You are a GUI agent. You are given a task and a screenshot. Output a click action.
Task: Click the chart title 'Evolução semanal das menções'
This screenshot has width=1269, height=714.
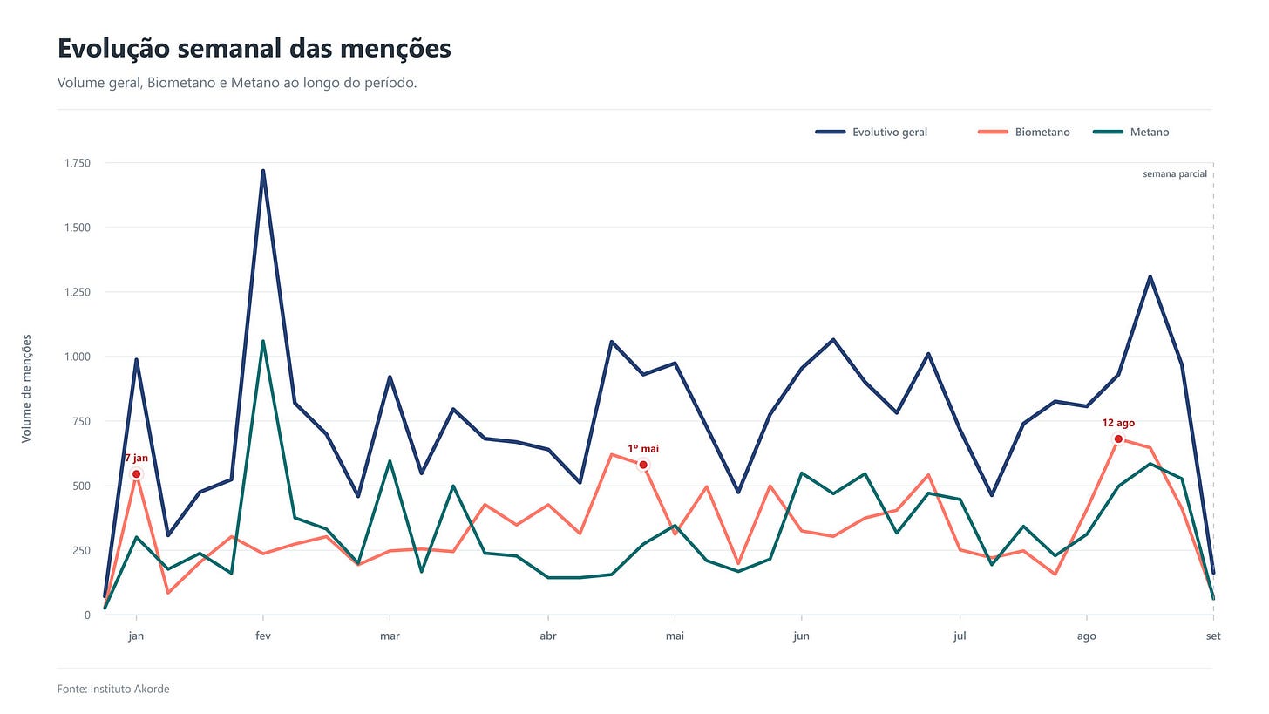[x=254, y=48]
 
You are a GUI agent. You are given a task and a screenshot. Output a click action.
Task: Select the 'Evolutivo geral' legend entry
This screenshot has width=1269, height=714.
[x=872, y=132]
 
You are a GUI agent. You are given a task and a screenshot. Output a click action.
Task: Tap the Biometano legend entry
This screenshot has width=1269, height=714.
[x=1024, y=132]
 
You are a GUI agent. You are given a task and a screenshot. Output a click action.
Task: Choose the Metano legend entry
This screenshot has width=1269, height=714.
[x=1130, y=132]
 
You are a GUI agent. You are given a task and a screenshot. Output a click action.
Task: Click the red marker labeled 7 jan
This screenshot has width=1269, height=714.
[x=136, y=474]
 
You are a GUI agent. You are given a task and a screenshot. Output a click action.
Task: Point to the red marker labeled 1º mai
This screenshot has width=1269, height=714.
[x=643, y=466]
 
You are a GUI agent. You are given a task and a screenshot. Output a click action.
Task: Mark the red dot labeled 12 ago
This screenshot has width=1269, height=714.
[x=1118, y=439]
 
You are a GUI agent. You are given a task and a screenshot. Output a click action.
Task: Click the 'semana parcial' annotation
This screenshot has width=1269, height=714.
[x=1174, y=174]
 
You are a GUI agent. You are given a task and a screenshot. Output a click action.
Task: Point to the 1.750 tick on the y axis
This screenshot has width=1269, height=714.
[x=78, y=163]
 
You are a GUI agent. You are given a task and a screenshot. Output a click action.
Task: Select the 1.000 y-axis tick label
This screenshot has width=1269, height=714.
[x=78, y=357]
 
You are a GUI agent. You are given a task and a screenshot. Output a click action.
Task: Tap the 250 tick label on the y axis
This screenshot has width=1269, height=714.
[x=81, y=551]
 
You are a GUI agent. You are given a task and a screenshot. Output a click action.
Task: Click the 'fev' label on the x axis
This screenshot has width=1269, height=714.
[x=263, y=636]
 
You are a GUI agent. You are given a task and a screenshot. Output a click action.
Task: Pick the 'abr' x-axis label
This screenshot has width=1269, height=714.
[x=548, y=636]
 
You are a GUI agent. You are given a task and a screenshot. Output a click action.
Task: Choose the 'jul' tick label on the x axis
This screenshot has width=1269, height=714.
[x=960, y=636]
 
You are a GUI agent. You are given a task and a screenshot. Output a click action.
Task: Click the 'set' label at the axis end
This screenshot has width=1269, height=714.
[x=1213, y=636]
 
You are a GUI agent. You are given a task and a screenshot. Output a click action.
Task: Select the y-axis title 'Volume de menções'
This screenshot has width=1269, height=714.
[x=27, y=389]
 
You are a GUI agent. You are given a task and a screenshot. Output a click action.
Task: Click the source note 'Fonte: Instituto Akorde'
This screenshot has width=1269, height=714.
[x=113, y=689]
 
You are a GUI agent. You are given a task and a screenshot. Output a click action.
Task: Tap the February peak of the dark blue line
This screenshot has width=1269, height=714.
[x=263, y=171]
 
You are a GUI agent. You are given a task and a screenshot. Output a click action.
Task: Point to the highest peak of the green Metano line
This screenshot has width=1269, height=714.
[x=263, y=341]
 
